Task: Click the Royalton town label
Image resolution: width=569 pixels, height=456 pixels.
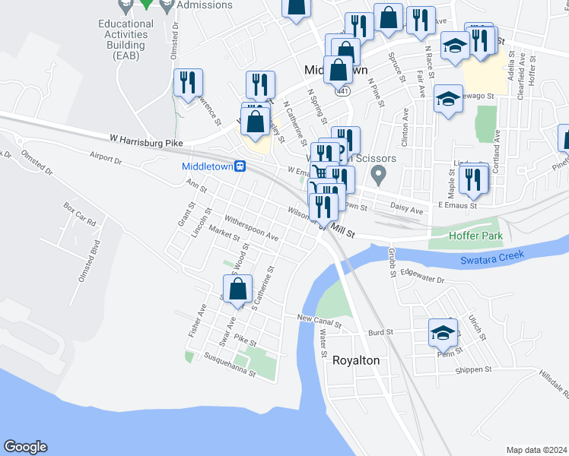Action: (x=356, y=361)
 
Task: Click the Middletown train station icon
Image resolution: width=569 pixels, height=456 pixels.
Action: (x=239, y=166)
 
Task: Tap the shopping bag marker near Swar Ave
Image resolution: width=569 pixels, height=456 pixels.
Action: (x=238, y=289)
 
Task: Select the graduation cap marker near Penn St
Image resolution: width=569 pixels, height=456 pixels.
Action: (x=443, y=332)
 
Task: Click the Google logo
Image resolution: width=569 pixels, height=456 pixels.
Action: (x=25, y=447)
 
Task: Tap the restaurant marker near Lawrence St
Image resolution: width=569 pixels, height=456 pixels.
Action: (x=188, y=83)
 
